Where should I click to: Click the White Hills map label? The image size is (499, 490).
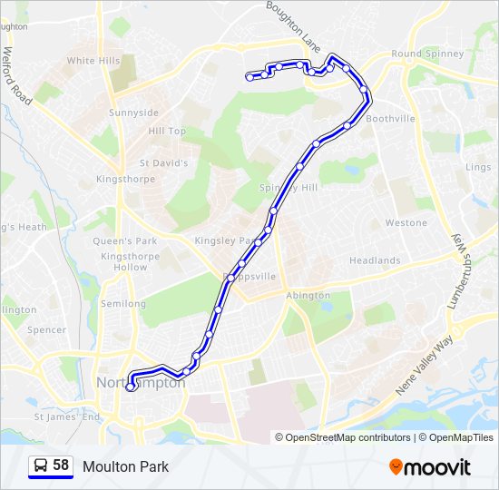93,61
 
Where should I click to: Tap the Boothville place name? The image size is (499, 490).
390,119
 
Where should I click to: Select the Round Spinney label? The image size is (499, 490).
427,54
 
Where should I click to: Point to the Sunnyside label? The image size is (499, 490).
133,113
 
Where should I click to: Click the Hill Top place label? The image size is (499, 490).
167,132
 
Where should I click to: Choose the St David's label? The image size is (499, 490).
163,163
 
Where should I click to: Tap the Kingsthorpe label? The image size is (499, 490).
126,180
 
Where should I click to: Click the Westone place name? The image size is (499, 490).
406,222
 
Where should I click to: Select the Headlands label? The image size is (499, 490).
375,260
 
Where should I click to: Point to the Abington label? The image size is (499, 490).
308,296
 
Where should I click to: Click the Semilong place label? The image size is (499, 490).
123,304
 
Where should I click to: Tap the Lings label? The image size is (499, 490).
478,168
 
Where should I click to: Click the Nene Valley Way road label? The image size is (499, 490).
424,366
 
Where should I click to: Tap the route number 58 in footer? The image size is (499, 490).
61,465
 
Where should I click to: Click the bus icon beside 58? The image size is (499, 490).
40,466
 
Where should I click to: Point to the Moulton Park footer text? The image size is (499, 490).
125,467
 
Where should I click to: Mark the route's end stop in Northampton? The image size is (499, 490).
131,387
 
